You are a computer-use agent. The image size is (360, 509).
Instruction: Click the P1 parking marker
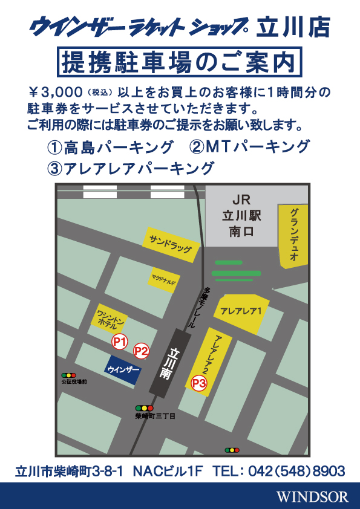pos(120,342)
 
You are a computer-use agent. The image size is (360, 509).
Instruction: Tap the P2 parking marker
pos(141,351)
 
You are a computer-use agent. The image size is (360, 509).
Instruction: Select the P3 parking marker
pos(200,383)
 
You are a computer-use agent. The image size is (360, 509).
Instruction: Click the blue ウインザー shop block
pos(123,369)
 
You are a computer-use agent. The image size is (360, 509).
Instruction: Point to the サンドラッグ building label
pos(171,245)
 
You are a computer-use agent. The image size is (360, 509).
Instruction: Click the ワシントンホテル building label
pos(111,319)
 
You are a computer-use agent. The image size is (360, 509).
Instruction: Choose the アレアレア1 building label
pos(241,311)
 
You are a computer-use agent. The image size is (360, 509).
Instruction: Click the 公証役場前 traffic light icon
pos(72,375)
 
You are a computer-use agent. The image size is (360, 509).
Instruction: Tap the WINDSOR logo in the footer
pos(312,497)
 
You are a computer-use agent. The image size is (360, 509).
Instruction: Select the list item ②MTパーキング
pos(249,147)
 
